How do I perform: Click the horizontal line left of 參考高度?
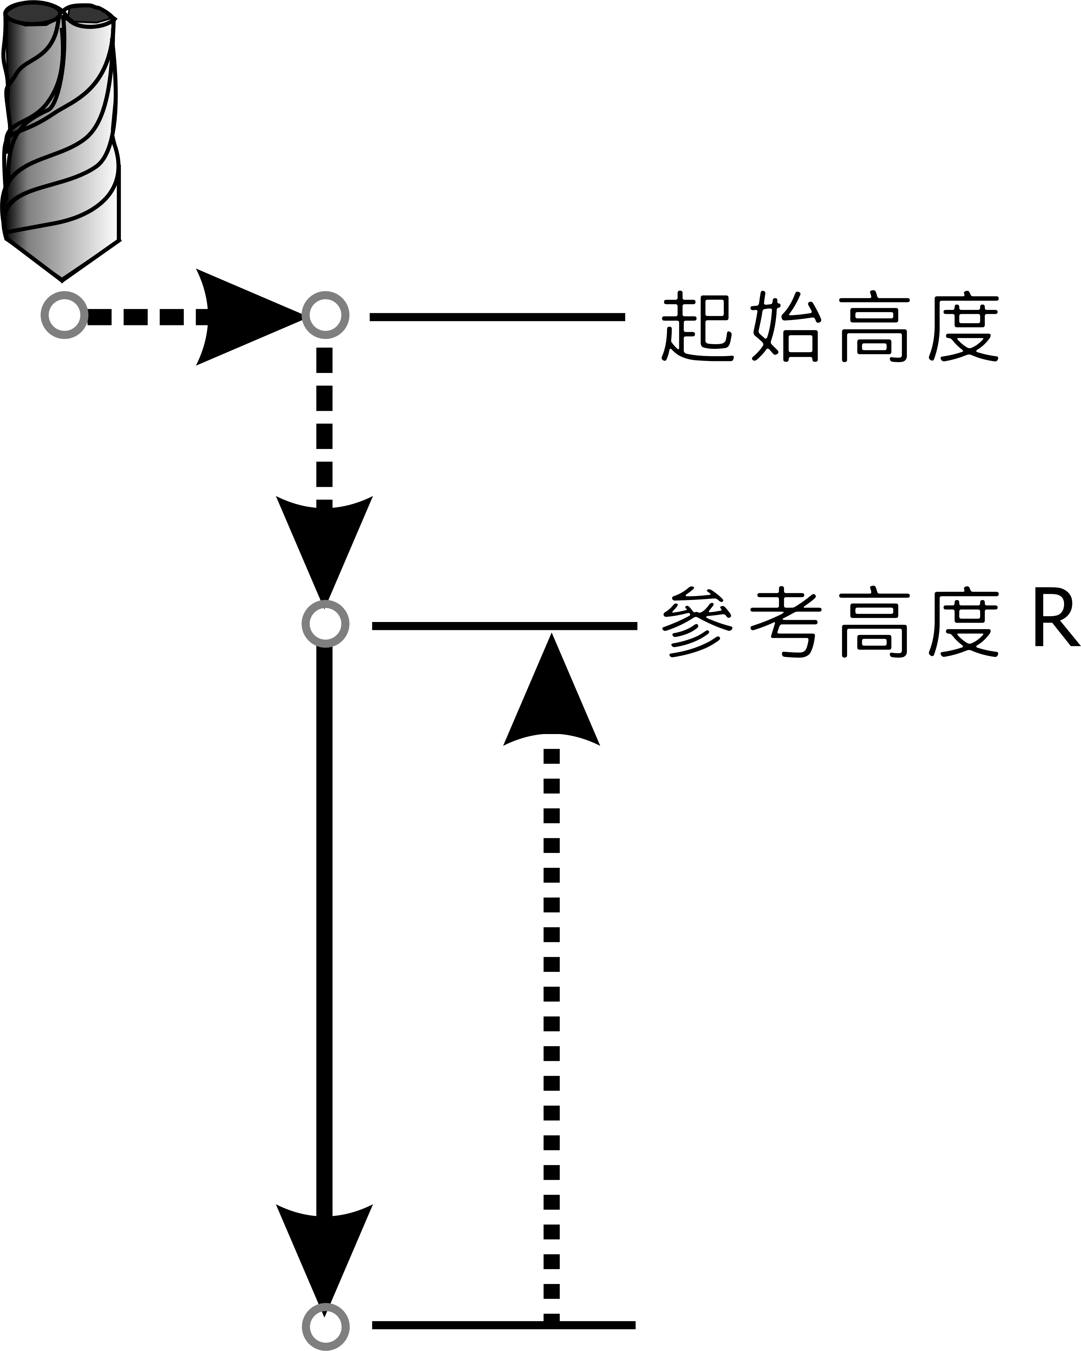point(504,625)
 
